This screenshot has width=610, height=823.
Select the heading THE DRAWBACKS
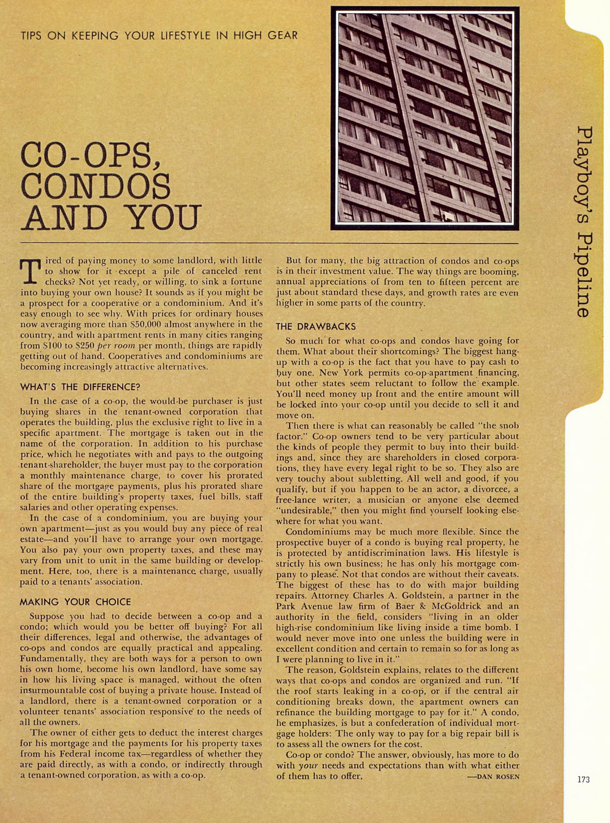316,326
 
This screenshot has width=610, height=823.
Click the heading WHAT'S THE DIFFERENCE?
80,387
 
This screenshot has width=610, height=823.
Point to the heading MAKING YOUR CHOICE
75,602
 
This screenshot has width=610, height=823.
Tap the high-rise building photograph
425,118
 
